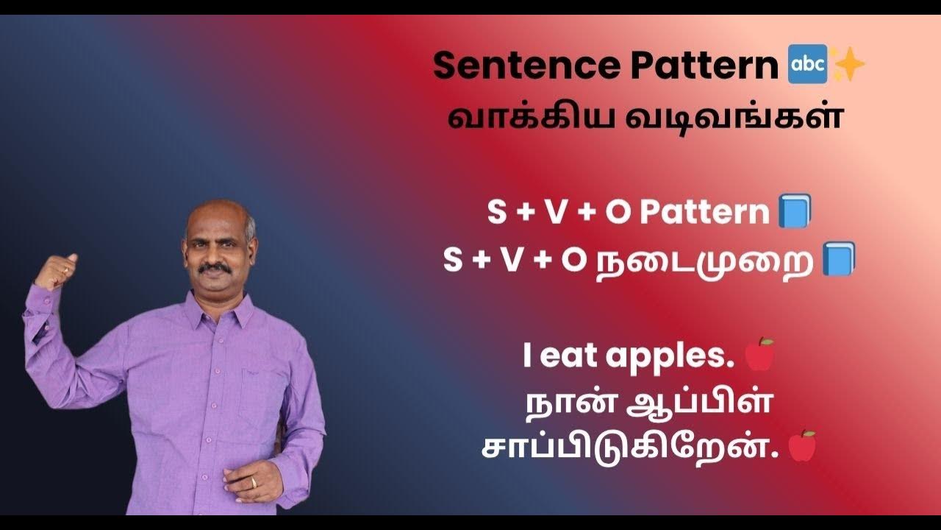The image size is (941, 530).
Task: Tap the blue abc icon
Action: tap(806, 66)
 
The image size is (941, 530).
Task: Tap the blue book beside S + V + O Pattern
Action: tap(795, 211)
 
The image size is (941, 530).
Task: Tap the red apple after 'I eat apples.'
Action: tap(759, 355)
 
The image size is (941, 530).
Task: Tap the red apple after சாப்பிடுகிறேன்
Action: tap(802, 446)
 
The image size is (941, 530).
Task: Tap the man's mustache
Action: tap(215, 269)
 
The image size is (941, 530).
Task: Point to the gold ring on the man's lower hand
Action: tap(254, 483)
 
